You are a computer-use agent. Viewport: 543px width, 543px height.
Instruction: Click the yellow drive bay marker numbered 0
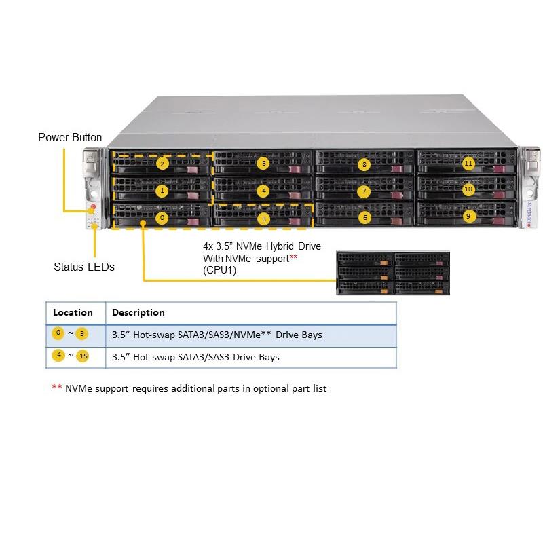click(162, 218)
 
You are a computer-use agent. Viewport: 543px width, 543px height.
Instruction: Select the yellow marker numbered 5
click(263, 163)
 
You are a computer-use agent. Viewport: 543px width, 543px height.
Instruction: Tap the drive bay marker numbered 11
click(468, 163)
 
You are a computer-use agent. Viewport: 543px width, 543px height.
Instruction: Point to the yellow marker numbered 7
click(364, 191)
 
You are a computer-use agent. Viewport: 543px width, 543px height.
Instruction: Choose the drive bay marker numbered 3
click(263, 219)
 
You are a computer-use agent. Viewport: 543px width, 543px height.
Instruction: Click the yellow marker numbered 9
click(468, 217)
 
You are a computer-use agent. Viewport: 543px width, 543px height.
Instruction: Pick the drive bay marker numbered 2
click(162, 164)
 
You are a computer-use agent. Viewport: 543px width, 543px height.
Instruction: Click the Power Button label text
click(70, 137)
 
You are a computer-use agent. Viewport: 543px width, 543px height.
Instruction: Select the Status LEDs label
click(84, 267)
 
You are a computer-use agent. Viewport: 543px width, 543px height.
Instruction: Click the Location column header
click(73, 312)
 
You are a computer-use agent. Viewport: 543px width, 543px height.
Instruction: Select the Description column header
click(138, 312)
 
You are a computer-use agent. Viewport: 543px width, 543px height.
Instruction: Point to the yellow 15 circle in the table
click(82, 356)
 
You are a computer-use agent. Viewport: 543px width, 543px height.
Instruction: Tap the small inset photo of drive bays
click(392, 272)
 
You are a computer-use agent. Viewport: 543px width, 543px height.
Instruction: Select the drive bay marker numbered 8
click(364, 164)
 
